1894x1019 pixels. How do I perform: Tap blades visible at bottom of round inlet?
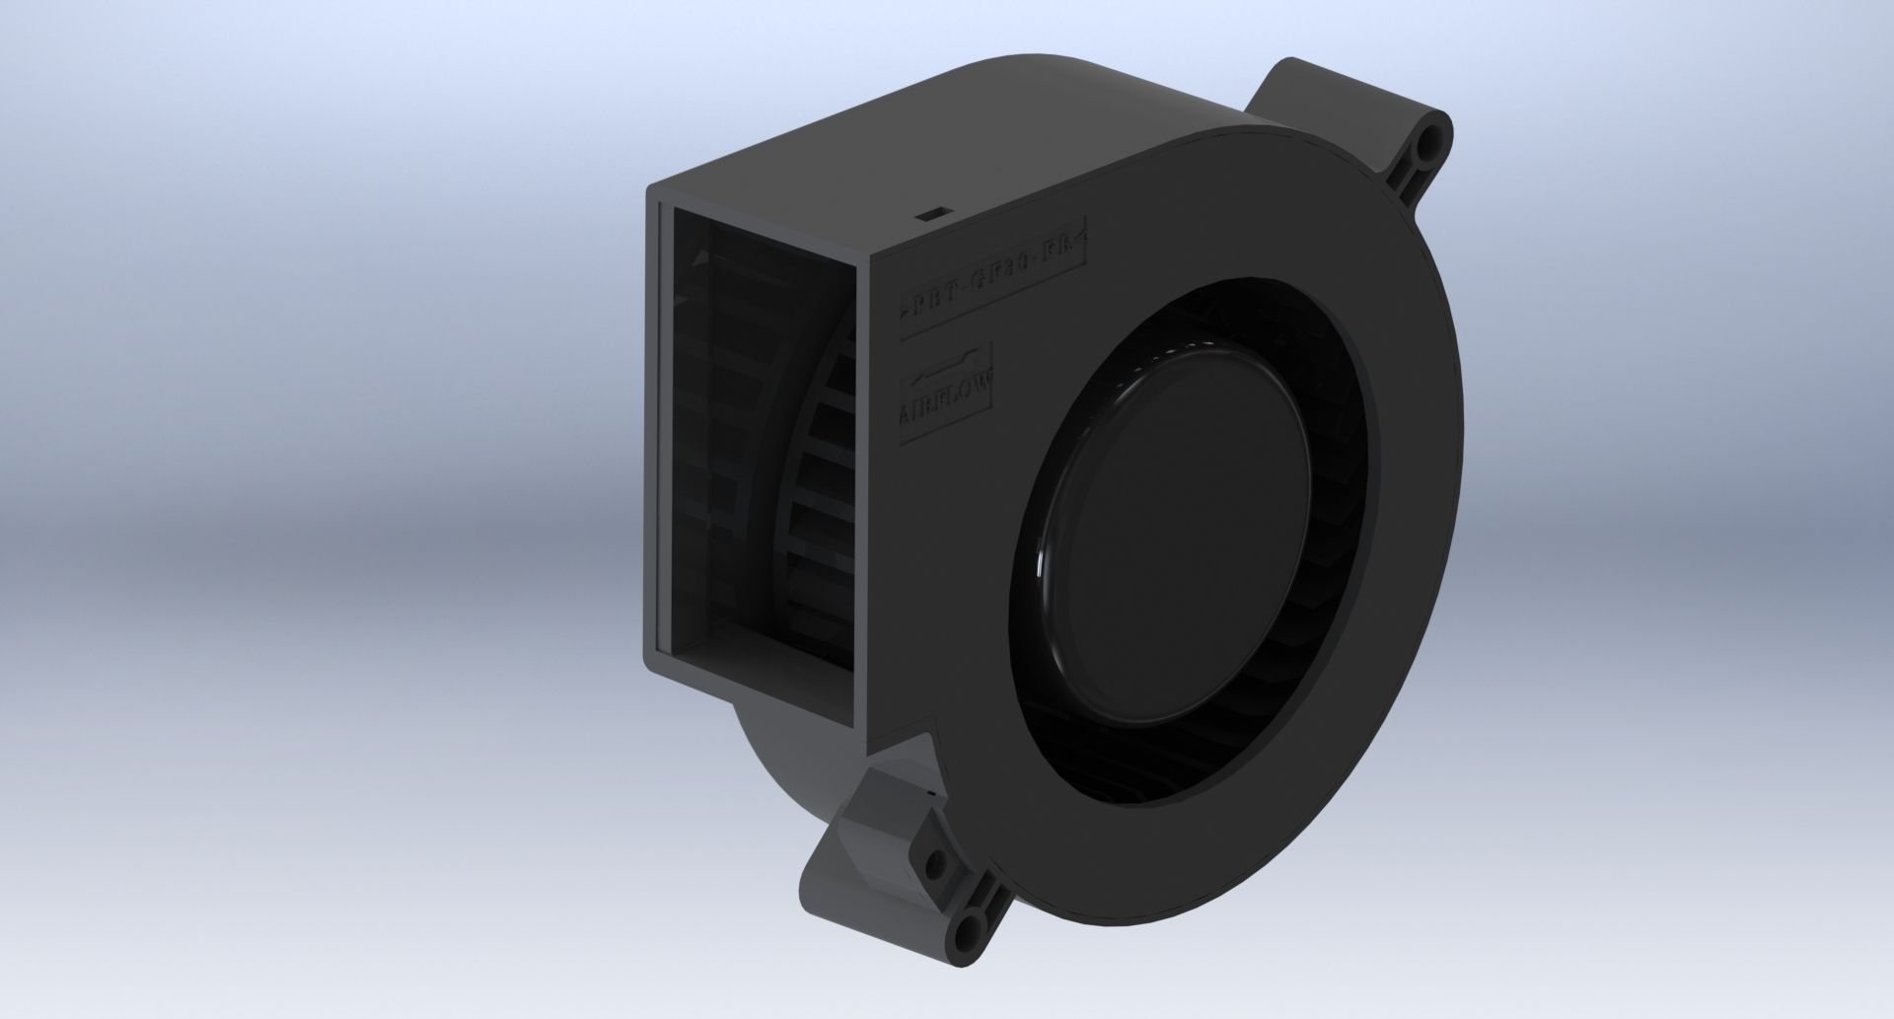tap(1184, 789)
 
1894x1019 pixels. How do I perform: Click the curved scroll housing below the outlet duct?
tap(789, 779)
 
